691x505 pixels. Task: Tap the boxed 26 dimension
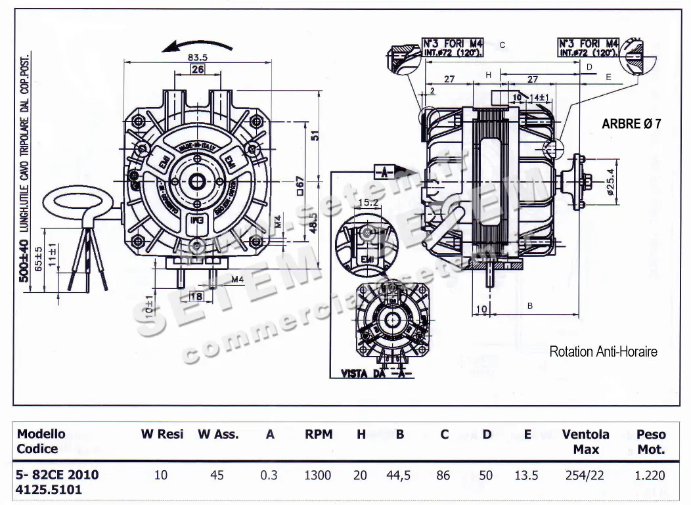198,69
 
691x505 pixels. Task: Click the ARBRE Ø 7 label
631,123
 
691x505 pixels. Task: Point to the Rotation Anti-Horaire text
603,352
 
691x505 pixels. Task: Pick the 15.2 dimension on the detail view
369,203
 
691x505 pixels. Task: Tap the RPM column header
319,435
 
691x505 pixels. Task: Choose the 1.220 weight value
650,475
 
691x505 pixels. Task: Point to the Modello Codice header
41,441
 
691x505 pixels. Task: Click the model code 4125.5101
49,490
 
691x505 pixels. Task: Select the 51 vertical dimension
315,136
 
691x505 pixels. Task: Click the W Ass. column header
218,435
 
